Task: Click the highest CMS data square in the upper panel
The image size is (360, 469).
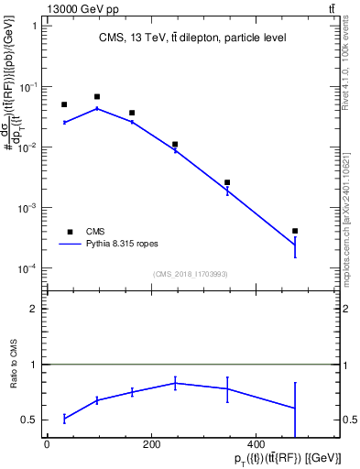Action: click(x=97, y=96)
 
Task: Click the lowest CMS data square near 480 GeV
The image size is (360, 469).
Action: click(x=295, y=231)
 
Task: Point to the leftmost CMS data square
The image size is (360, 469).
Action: click(x=64, y=104)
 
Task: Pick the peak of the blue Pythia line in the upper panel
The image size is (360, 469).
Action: click(x=97, y=108)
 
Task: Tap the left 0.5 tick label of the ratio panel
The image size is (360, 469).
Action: click(x=29, y=420)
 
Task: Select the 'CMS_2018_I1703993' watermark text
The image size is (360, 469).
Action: click(x=191, y=273)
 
